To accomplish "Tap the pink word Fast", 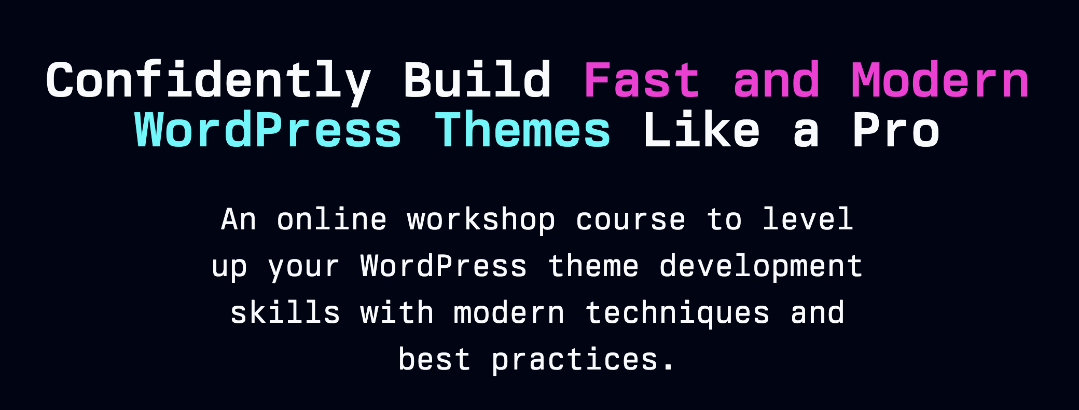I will tap(642, 80).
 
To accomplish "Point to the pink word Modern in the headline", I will tap(940, 80).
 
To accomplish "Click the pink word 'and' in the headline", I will tap(777, 80).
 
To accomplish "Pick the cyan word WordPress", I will tap(268, 130).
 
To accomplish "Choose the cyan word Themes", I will tap(522, 130).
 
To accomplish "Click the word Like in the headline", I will tap(701, 130).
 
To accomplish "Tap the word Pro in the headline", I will tap(896, 130).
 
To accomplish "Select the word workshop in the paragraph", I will tap(481, 220).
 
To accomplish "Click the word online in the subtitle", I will tap(332, 219).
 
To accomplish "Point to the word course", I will tap(630, 220).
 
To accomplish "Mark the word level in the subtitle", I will tap(808, 219).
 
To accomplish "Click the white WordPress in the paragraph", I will tap(444, 266).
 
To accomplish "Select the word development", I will tap(760, 267).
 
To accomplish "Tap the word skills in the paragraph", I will tap(285, 312).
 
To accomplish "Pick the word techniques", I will tap(677, 313).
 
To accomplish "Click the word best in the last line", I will tap(434, 359).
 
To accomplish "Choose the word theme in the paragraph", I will tap(593, 266).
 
